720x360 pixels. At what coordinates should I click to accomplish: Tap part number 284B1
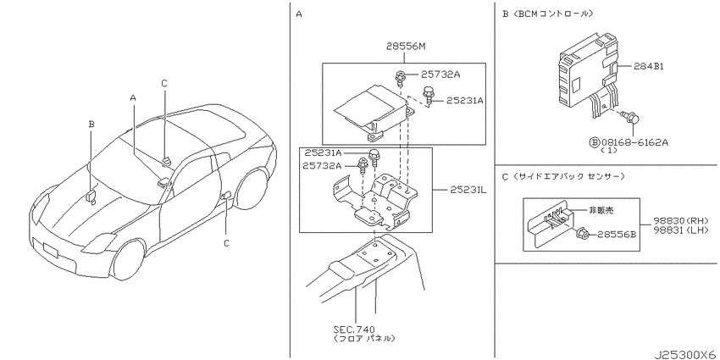pyautogui.click(x=649, y=66)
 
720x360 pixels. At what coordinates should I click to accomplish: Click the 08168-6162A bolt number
pyautogui.click(x=635, y=143)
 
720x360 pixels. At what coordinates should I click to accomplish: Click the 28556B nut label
pyautogui.click(x=616, y=235)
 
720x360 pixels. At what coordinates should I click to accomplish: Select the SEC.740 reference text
pyautogui.click(x=354, y=330)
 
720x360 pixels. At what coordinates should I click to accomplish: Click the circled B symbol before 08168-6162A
pyautogui.click(x=595, y=143)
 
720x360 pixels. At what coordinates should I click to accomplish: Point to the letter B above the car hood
pyautogui.click(x=91, y=124)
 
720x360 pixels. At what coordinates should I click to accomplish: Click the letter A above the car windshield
pyautogui.click(x=133, y=97)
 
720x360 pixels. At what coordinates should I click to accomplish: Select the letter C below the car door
pyautogui.click(x=226, y=243)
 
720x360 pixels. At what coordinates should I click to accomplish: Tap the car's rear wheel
pyautogui.click(x=252, y=189)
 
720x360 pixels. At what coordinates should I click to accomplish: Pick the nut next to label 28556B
pyautogui.click(x=581, y=233)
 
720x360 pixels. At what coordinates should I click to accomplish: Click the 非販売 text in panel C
pyautogui.click(x=601, y=211)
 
